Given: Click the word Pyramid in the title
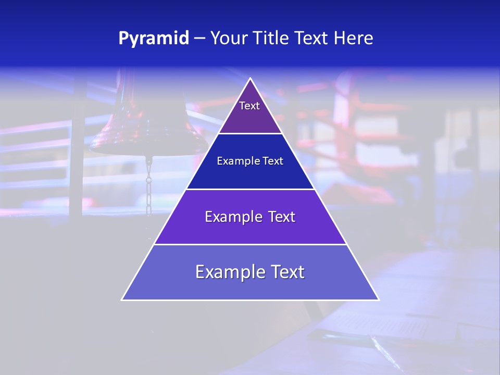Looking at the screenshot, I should tap(154, 39).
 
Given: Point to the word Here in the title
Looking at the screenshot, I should tap(354, 39).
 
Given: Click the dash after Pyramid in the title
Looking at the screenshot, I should tap(199, 39).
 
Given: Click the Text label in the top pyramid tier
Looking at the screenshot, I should tap(249, 106).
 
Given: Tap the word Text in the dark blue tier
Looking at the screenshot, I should tap(272, 161).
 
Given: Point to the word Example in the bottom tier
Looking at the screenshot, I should tap(227, 272).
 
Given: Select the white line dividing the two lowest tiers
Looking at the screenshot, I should tap(250, 244).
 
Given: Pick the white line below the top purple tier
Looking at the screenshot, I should tap(250, 134).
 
